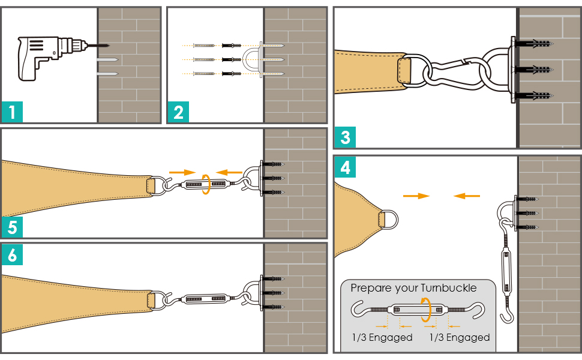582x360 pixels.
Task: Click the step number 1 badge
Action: [13, 112]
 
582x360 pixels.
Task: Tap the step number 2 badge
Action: [178, 112]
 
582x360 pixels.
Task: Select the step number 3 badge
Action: [345, 137]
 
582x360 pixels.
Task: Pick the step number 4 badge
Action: [345, 167]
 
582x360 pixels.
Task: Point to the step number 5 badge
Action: [13, 227]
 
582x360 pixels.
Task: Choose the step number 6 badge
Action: [13, 256]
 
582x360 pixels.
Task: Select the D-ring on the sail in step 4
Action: [388, 217]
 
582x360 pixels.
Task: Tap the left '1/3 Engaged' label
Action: [382, 337]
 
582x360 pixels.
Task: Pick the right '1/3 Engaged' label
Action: [460, 337]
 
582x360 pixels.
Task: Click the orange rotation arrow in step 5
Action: [206, 185]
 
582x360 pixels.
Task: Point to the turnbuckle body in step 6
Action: [205, 298]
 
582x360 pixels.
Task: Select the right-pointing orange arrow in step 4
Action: [416, 196]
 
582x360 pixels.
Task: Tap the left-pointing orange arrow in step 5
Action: [229, 172]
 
